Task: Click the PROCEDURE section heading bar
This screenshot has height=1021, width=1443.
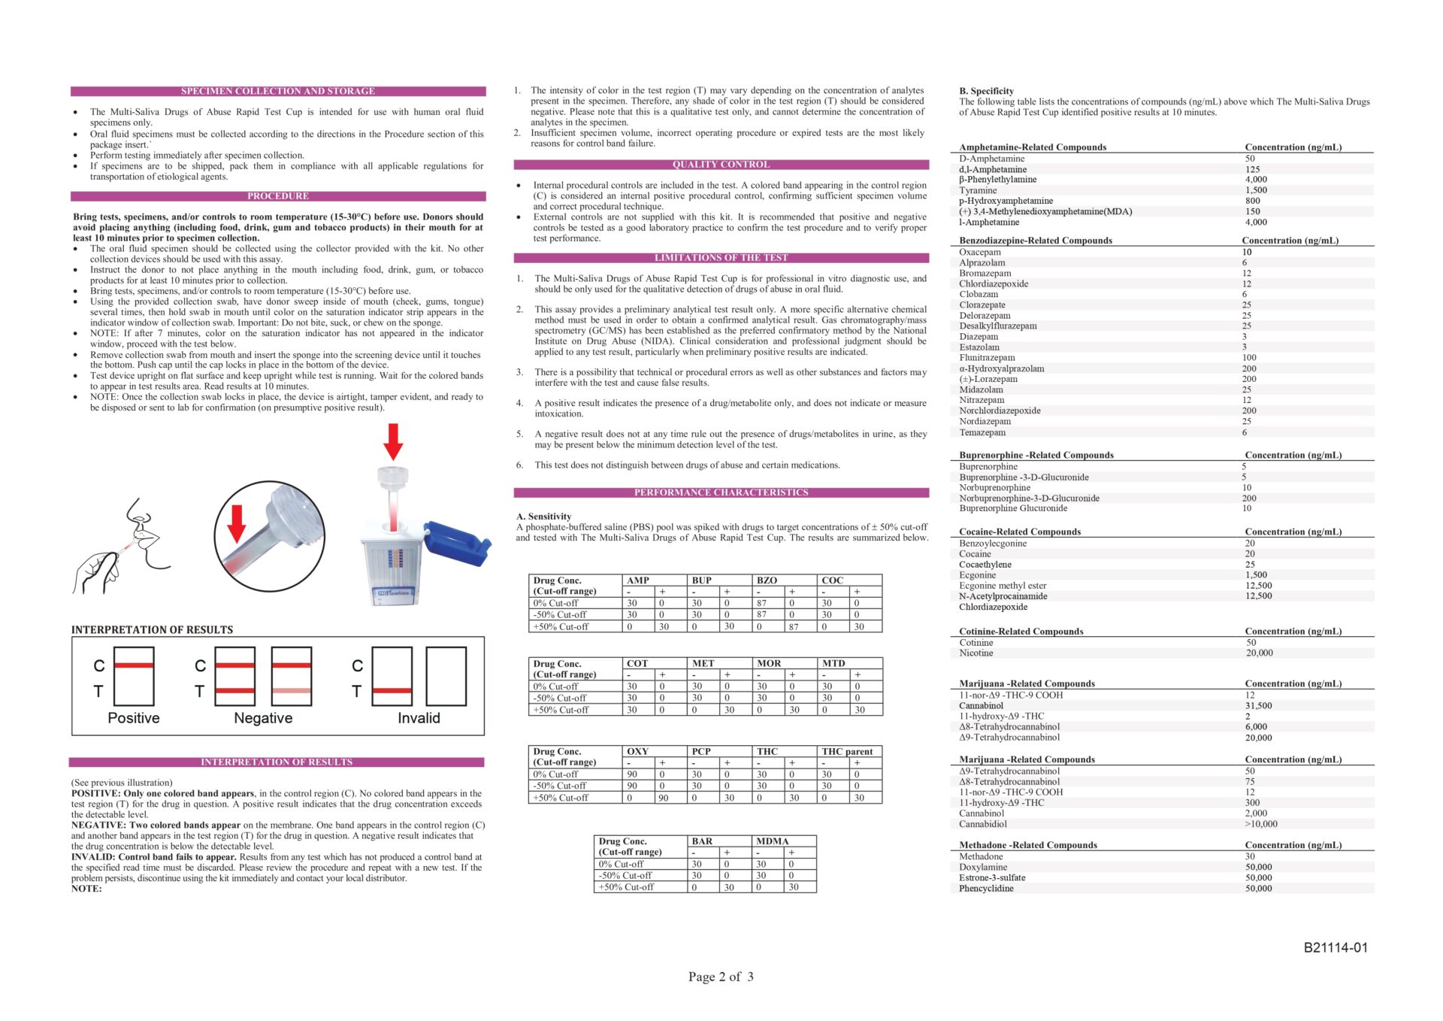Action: [278, 196]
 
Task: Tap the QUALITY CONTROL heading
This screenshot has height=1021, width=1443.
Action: [721, 165]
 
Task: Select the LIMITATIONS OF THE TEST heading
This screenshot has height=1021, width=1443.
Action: [721, 258]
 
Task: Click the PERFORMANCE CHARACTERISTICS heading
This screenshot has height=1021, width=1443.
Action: [721, 492]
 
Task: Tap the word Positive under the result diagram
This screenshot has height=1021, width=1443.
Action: [134, 718]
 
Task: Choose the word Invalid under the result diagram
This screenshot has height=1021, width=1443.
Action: [419, 718]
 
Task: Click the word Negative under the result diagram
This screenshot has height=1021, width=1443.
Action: [263, 718]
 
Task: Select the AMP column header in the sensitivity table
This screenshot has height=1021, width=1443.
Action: [638, 580]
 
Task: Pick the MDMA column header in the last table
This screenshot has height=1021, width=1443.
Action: [773, 841]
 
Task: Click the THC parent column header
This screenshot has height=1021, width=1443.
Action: [847, 751]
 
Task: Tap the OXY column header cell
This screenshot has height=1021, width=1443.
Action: [637, 751]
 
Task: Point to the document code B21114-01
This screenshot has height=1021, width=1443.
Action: [1336, 948]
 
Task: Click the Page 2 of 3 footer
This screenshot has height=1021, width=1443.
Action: [721, 977]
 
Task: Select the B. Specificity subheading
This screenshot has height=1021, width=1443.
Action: [986, 91]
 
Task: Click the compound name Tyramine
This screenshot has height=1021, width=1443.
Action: [978, 190]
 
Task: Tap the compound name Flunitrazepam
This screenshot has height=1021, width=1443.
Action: [987, 358]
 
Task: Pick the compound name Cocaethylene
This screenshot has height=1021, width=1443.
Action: [985, 565]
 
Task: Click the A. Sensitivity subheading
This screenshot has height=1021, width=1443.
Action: [543, 517]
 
